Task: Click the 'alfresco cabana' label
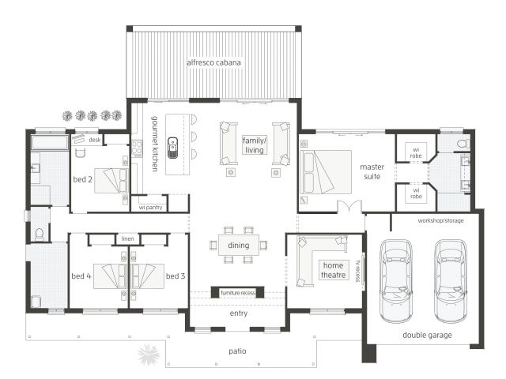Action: point(213,62)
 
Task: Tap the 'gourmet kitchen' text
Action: point(155,144)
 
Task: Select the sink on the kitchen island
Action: point(172,148)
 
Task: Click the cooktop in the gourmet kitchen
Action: point(137,148)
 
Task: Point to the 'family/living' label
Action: point(255,145)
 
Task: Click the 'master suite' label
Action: point(372,171)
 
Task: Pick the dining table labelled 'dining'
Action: point(239,245)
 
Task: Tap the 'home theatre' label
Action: point(333,270)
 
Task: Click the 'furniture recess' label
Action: point(238,293)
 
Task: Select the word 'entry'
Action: point(239,313)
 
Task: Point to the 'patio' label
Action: point(237,351)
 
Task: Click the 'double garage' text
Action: point(427,335)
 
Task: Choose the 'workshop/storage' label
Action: point(440,221)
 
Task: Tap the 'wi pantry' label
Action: point(150,207)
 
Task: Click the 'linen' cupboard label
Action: point(127,238)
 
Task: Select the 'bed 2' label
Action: point(82,179)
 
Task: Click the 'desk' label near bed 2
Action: point(95,140)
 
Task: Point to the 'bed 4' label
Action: point(81,276)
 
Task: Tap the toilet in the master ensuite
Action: point(463,144)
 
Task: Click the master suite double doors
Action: point(349,206)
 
